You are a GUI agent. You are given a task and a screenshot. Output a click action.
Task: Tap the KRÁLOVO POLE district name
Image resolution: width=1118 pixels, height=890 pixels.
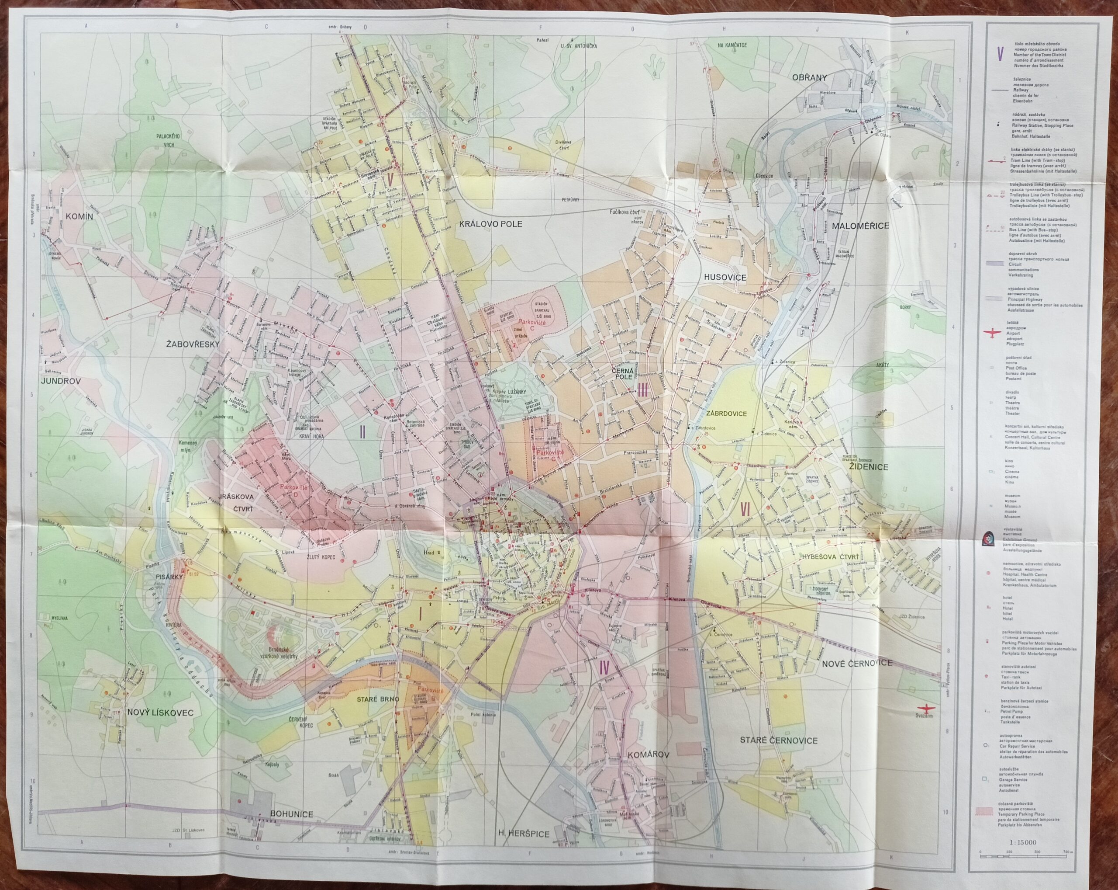490,224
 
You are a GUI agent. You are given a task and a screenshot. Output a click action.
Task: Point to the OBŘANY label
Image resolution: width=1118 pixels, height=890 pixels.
809,77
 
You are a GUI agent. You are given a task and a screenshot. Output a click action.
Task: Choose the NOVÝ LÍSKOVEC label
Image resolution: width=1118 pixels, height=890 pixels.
160,713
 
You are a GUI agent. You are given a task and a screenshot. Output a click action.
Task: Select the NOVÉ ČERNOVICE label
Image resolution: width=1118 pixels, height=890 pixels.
856,663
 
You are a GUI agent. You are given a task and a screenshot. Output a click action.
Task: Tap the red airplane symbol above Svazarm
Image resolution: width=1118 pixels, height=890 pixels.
924,708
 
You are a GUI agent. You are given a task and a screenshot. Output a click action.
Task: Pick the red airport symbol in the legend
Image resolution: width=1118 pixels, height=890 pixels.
991,333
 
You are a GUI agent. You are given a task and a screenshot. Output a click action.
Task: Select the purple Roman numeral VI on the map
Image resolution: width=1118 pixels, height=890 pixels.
745,510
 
